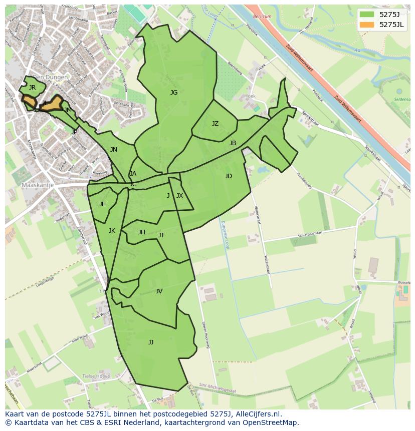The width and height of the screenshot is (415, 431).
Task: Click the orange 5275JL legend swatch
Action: coord(367,24)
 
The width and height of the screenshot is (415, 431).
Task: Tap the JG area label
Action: coord(174,93)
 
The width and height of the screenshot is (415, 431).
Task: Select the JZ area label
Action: coord(215,124)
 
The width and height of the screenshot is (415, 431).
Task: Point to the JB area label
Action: coord(233,143)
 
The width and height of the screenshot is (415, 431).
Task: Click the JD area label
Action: coord(229,176)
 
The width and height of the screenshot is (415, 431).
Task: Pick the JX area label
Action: coord(179,196)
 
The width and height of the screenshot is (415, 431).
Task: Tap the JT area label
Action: coord(161,235)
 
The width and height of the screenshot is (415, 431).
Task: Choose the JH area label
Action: coord(142,232)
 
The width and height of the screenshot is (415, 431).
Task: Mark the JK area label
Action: coord(112,231)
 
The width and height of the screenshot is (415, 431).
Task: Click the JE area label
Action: coord(102,204)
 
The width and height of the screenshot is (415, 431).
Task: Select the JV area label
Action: coord(159,291)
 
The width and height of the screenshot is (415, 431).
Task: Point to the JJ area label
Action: coord(151,342)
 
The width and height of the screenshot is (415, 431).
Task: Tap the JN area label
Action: coord(114,150)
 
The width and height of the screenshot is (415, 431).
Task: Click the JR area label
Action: coord(32,88)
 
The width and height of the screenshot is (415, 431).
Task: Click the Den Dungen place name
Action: coord(51,78)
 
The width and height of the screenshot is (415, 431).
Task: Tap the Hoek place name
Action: coord(250,96)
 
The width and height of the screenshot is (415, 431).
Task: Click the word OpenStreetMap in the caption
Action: coord(271,423)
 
